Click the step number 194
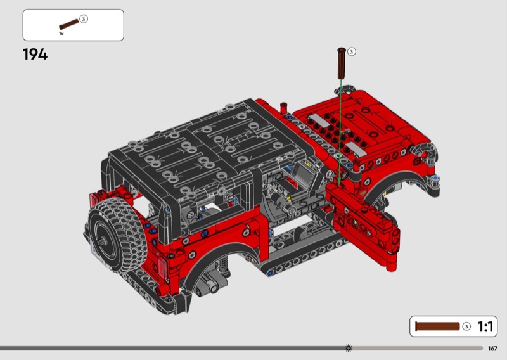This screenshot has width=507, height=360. [35, 55]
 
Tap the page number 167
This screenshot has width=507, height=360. [492, 349]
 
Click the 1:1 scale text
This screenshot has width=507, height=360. [485, 326]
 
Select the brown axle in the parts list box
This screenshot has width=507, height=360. [69, 24]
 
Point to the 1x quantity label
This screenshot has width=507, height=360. [61, 34]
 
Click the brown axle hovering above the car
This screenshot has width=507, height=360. [342, 63]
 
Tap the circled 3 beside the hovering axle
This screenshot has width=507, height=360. [352, 52]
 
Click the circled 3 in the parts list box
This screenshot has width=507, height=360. [84, 19]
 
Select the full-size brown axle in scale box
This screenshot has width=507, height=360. [437, 326]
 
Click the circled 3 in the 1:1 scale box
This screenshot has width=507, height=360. [466, 326]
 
